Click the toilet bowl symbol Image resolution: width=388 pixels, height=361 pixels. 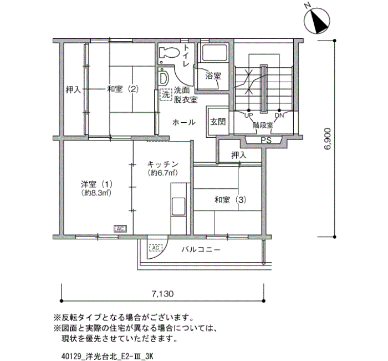170,53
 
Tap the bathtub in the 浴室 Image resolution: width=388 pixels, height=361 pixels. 215,53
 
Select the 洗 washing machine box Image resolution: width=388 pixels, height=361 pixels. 166,95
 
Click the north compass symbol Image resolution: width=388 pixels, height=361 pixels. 316,21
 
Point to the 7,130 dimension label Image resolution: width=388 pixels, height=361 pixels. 162,294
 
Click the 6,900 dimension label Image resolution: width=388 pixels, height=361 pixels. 327,139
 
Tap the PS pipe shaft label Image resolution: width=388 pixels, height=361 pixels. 266,141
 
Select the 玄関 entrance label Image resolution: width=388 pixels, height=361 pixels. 218,122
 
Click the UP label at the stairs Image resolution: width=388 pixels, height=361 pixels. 248,116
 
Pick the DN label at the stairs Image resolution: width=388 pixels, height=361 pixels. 279,116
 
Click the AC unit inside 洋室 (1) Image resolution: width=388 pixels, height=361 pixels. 120,229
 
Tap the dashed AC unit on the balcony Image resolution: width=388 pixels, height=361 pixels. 156,248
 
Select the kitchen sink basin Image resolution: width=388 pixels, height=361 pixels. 178,206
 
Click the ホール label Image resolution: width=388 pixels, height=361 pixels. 183,122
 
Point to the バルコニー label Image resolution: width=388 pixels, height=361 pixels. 201,249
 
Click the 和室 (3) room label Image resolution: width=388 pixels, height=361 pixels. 231,199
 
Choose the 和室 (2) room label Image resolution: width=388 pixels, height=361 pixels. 122,89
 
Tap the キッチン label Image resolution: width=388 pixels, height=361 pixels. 163,164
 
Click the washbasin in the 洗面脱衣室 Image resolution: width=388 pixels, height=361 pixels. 164,77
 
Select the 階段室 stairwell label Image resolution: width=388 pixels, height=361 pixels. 263,125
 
